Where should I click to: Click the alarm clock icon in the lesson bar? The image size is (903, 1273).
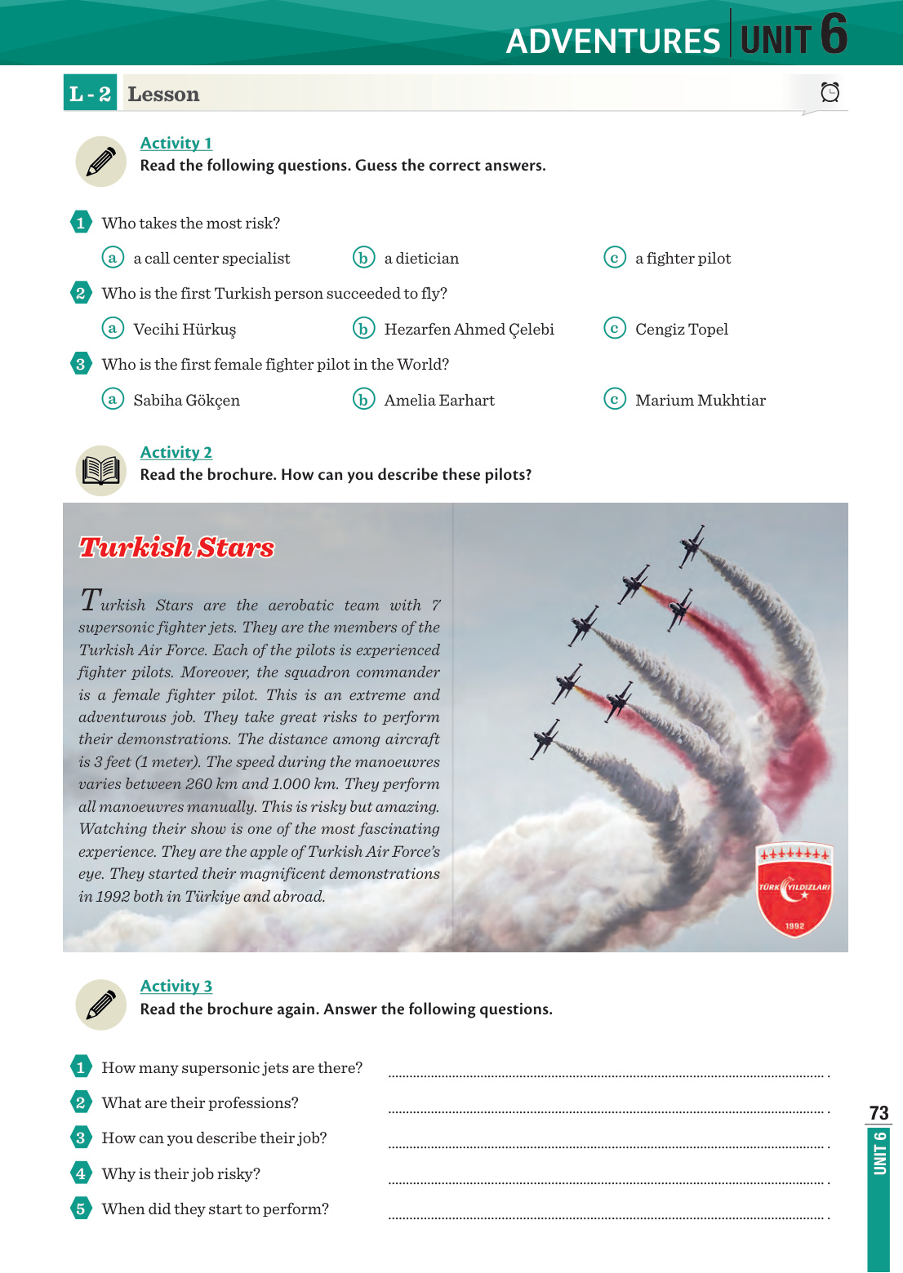[830, 92]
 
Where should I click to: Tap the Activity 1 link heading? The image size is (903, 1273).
[176, 144]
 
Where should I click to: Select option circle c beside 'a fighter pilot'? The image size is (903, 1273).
[614, 258]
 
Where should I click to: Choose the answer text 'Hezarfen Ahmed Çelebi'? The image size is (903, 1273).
[469, 330]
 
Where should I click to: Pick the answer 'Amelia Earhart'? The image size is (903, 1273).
[439, 401]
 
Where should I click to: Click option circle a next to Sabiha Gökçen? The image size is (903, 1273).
[113, 399]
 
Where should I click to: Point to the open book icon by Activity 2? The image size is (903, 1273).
[100, 471]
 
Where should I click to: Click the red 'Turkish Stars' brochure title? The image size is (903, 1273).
[176, 548]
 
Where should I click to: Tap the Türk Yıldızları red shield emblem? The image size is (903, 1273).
[794, 889]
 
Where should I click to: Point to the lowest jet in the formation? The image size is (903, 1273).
[545, 739]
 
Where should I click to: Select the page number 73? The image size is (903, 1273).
[879, 1113]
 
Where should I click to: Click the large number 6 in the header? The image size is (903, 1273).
[833, 34]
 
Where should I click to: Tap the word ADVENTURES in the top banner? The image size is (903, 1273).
[612, 42]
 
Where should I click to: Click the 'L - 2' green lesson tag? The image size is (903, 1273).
[90, 94]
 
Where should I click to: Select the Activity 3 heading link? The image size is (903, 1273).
[176, 987]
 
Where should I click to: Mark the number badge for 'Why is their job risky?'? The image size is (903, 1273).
[81, 1173]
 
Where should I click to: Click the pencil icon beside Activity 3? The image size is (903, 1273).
[100, 1005]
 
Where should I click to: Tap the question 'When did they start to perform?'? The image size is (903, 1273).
[215, 1209]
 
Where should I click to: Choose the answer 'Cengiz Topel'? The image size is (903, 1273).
[682, 330]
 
